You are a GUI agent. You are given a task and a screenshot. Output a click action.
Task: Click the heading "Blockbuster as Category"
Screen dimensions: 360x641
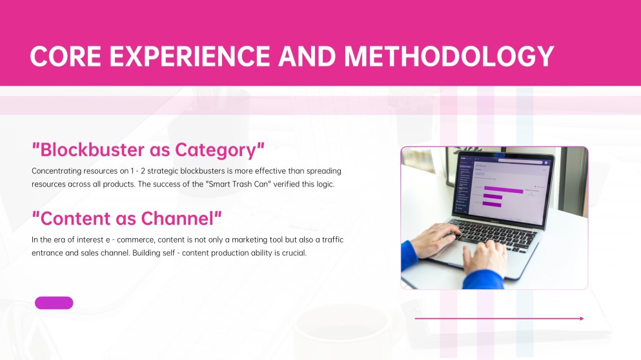(148, 150)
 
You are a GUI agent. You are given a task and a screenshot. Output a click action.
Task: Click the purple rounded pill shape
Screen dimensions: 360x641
(54, 303)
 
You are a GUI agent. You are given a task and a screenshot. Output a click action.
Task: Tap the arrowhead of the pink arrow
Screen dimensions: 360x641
(582, 318)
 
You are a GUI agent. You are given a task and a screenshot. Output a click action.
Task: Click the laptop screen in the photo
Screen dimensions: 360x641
(504, 187)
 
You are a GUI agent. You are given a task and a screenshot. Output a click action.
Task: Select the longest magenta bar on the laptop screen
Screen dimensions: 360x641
(503, 190)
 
